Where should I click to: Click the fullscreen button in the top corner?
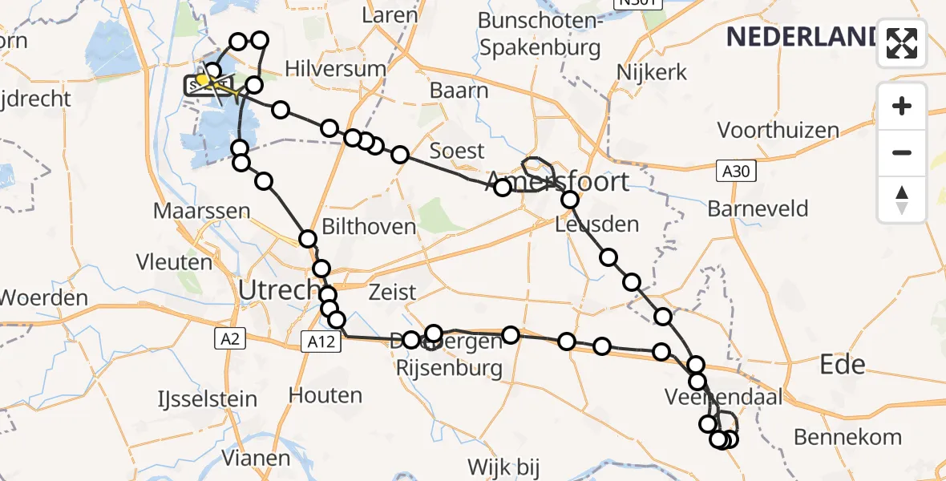pos(902,43)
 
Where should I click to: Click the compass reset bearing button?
pos(902,199)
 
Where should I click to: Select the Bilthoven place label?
pos(369,227)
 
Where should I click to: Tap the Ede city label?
pos(843,366)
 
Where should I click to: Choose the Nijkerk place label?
pos(652,72)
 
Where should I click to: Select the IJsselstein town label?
pos(206,398)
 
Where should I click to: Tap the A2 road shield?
pos(230,340)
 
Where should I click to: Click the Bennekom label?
pos(847,437)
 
